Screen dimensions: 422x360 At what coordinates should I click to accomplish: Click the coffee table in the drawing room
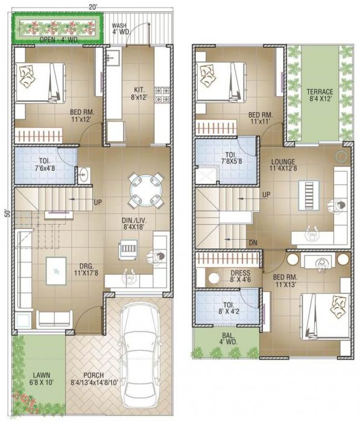pyautogui.click(x=56, y=269)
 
